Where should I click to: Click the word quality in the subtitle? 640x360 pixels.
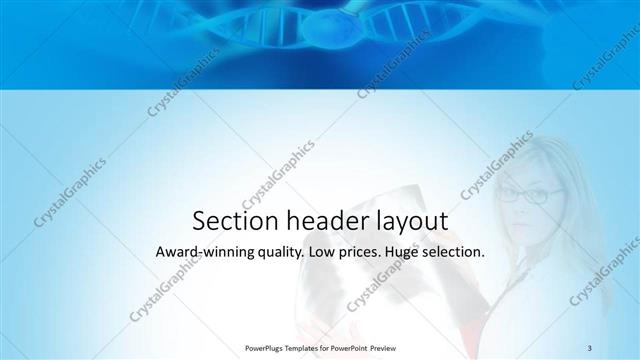tap(274, 254)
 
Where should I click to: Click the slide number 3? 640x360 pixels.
tap(590, 347)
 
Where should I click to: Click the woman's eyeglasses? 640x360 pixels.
tap(523, 196)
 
